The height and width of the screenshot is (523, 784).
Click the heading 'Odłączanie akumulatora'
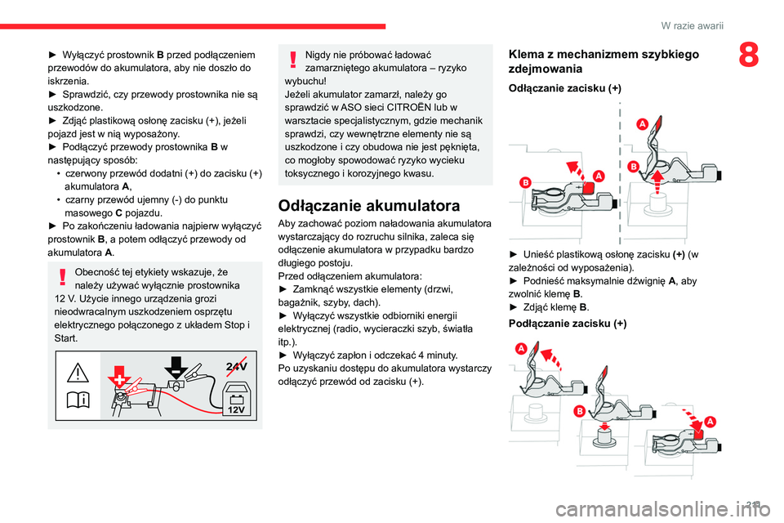(368, 204)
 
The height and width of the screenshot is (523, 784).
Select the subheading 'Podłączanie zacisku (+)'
(568, 324)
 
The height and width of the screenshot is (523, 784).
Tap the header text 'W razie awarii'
(694, 26)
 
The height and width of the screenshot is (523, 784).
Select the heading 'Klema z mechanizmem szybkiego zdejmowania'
(603, 61)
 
